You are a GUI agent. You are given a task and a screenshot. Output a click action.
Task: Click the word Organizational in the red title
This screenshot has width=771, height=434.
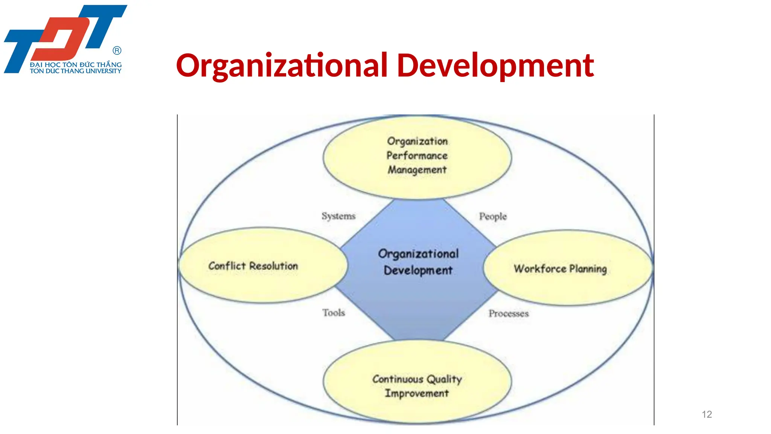pyautogui.click(x=282, y=66)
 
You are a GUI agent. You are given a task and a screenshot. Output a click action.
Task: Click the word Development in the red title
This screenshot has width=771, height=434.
pyautogui.click(x=495, y=66)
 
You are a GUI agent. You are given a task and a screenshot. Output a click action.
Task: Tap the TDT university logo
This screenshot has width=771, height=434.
pyautogui.click(x=65, y=39)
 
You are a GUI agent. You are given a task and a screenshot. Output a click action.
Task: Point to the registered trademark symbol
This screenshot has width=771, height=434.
pyautogui.click(x=117, y=50)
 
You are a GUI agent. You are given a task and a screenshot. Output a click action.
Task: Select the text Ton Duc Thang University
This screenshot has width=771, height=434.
pyautogui.click(x=75, y=71)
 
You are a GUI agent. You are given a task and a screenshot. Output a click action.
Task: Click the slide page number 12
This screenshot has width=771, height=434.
pyautogui.click(x=707, y=414)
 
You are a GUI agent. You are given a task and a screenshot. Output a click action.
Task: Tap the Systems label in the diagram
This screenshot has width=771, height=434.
pyautogui.click(x=338, y=216)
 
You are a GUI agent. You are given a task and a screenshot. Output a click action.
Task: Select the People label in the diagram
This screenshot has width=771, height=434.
pyautogui.click(x=493, y=216)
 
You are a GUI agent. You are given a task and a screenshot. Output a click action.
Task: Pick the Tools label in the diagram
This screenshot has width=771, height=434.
pyautogui.click(x=334, y=313)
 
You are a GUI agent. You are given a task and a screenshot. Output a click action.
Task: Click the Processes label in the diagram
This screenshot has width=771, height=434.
pyautogui.click(x=509, y=313)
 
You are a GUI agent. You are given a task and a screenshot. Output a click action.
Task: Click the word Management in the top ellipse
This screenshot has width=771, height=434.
pyautogui.click(x=417, y=170)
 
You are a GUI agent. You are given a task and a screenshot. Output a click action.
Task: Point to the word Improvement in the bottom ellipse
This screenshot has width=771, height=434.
pyautogui.click(x=417, y=393)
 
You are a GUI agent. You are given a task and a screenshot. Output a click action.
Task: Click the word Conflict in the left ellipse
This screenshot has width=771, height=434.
pyautogui.click(x=227, y=266)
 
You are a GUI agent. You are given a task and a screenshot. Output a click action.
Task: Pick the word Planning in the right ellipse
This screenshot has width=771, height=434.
pyautogui.click(x=588, y=269)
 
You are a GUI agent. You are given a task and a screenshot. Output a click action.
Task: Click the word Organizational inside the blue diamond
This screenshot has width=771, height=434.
pyautogui.click(x=418, y=254)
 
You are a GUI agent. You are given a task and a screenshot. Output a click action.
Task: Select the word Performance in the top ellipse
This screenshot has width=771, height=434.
pyautogui.click(x=417, y=156)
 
